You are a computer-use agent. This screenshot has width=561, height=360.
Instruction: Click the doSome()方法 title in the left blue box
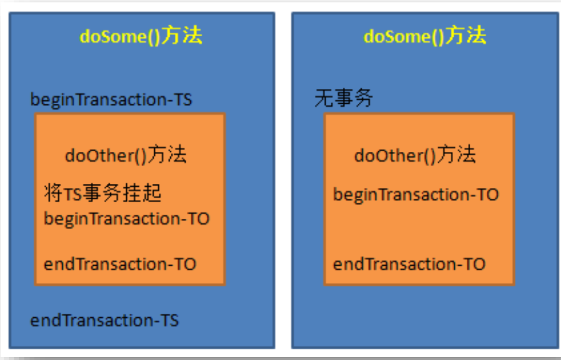pyautogui.click(x=141, y=36)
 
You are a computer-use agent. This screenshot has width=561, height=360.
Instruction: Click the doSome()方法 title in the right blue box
pyautogui.click(x=425, y=36)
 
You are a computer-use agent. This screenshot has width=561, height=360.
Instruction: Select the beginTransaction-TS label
pyautogui.click(x=111, y=100)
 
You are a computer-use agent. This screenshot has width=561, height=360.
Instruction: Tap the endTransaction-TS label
pyautogui.click(x=104, y=320)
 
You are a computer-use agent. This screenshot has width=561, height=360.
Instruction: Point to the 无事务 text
pyautogui.click(x=343, y=98)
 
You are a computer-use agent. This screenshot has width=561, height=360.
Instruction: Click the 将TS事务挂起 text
pyautogui.click(x=103, y=193)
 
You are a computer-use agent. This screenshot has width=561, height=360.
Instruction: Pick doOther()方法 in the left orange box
pyautogui.click(x=126, y=155)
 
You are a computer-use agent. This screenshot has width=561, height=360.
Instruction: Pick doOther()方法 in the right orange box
pyautogui.click(x=415, y=155)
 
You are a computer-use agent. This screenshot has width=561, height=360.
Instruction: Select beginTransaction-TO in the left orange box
pyautogui.click(x=126, y=219)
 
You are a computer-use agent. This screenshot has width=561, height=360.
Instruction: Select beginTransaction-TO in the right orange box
pyautogui.click(x=416, y=195)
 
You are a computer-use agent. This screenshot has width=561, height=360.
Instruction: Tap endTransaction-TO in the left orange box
pyautogui.click(x=120, y=264)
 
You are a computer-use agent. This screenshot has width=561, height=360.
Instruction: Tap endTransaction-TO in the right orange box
pyautogui.click(x=409, y=264)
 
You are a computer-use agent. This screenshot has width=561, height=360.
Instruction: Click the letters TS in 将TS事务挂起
pyautogui.click(x=72, y=195)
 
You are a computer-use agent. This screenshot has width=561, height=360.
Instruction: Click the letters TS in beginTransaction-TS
pyautogui.click(x=183, y=100)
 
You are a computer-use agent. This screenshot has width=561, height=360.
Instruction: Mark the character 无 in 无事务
pyautogui.click(x=324, y=98)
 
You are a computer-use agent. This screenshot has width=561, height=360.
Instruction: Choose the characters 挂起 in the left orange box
pyautogui.click(x=142, y=193)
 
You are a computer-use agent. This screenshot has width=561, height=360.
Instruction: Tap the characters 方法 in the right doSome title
pyautogui.click(x=466, y=35)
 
